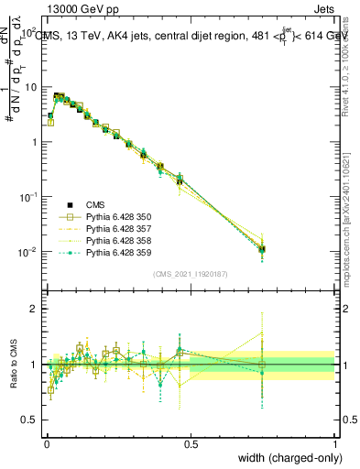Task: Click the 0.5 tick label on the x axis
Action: (x=191, y=444)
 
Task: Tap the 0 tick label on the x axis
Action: (x=46, y=444)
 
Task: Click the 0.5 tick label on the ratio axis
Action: (x=29, y=420)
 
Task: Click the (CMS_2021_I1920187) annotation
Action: (x=191, y=274)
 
